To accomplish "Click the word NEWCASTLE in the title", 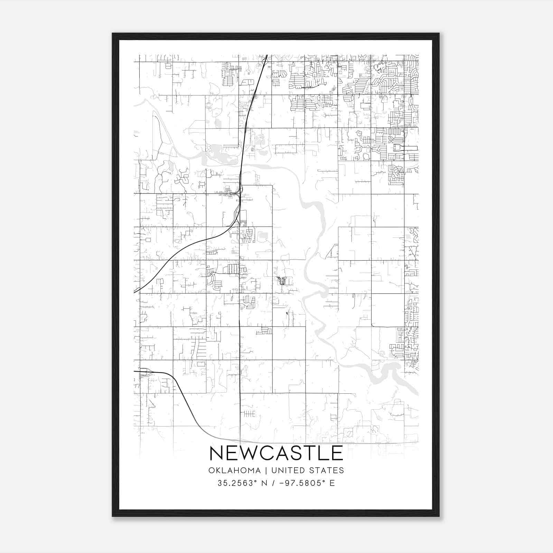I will tap(276, 453).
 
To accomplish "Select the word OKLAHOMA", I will tap(234, 470).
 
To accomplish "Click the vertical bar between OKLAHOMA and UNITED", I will tap(266, 470).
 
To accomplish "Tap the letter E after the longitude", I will tap(332, 483).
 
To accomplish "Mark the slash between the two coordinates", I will tap(274, 483).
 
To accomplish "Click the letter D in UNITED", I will tap(303, 470).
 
